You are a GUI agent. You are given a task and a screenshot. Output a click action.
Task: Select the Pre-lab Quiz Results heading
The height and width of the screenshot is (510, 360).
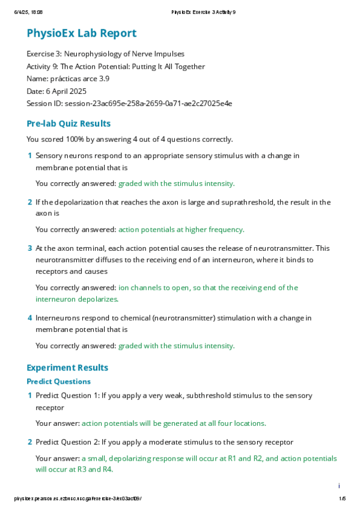pyautogui.click(x=69, y=123)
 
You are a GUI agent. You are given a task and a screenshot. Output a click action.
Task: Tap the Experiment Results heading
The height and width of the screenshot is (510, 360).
pyautogui.click(x=67, y=367)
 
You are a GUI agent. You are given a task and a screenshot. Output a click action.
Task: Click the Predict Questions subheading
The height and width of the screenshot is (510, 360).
pyautogui.click(x=58, y=381)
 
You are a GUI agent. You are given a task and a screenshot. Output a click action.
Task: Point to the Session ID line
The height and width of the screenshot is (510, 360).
pyautogui.click(x=129, y=103)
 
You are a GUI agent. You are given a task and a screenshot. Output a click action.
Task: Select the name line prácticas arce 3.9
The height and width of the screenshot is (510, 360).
pyautogui.click(x=68, y=79)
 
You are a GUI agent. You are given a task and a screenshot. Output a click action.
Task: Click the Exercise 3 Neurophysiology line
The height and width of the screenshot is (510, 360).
pyautogui.click(x=114, y=54)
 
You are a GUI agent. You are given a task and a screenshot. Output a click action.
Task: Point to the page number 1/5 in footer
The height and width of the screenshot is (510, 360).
pyautogui.click(x=343, y=499)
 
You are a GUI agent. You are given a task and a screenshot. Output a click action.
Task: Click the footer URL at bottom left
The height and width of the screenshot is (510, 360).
pyautogui.click(x=78, y=499)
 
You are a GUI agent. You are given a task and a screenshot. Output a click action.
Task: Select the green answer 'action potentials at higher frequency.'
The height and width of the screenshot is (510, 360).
pyautogui.click(x=181, y=229)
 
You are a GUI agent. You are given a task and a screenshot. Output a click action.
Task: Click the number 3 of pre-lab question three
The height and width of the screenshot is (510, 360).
pyautogui.click(x=30, y=248)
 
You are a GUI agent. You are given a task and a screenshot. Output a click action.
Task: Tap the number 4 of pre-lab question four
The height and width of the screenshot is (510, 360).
pyautogui.click(x=30, y=318)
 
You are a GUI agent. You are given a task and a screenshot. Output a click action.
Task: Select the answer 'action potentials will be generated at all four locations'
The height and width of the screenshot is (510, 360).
pyautogui.click(x=174, y=423)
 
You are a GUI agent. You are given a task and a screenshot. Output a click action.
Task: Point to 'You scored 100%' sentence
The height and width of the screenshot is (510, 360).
pyautogui.click(x=129, y=140)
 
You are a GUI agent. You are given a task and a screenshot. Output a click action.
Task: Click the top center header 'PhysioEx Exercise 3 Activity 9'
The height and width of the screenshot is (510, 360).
pyautogui.click(x=203, y=12)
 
